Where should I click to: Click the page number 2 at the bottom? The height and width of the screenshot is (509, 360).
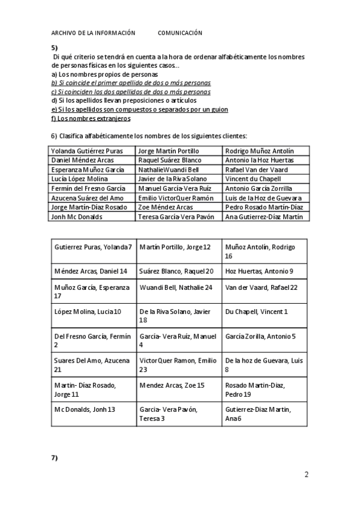(307, 475)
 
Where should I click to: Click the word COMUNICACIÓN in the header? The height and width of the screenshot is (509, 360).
(180, 33)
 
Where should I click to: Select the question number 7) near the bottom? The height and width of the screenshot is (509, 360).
(54, 458)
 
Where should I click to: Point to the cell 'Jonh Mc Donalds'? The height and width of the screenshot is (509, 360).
(77, 217)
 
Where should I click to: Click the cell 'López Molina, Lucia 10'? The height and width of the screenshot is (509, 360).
(88, 312)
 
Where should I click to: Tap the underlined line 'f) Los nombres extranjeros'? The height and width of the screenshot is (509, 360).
(91, 118)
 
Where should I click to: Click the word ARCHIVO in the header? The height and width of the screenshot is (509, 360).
(64, 33)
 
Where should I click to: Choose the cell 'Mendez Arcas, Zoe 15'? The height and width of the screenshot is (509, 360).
(172, 385)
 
